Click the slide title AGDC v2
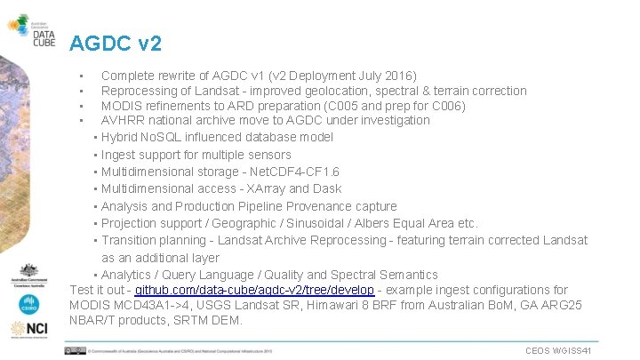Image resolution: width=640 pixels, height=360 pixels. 116,42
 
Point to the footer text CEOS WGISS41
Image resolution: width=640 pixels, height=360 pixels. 558,351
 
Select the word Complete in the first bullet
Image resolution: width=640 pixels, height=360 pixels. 130,76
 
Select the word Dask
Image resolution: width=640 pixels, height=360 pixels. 326,188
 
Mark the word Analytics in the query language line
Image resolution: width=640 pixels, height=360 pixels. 132,275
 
